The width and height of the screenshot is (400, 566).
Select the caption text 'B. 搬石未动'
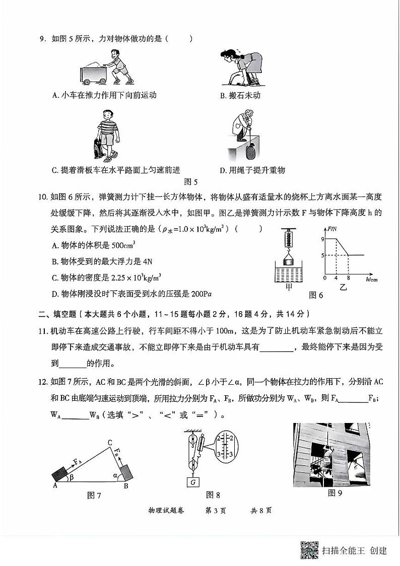click(x=240, y=95)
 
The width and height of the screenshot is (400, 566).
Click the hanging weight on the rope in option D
click(x=251, y=151)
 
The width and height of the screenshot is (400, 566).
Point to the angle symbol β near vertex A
click(x=72, y=475)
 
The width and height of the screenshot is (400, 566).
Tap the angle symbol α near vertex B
click(x=115, y=474)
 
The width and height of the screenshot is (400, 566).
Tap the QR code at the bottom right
click(x=309, y=550)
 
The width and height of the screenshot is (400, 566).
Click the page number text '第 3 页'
click(x=216, y=511)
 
